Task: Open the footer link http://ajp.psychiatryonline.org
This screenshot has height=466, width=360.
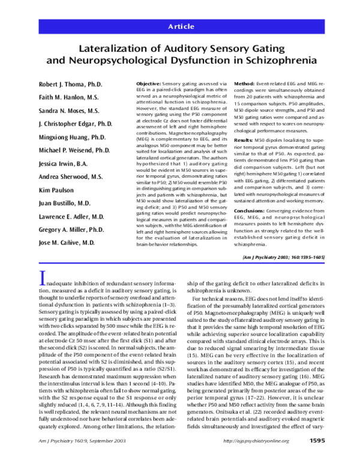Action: (256, 458)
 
